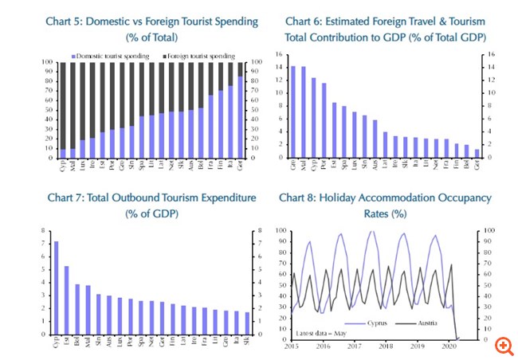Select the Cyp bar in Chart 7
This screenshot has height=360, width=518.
(56, 288)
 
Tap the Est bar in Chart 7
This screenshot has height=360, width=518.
(66, 299)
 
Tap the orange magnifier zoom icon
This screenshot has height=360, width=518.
(502, 345)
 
